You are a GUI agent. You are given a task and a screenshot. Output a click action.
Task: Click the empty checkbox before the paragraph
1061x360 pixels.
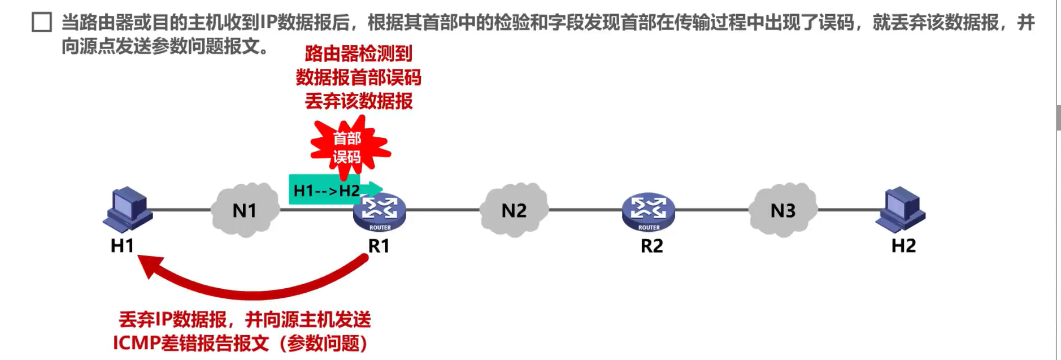tap(42, 23)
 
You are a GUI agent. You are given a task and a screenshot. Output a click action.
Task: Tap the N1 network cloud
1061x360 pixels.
tap(245, 210)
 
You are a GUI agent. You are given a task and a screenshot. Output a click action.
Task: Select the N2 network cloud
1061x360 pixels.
tap(514, 210)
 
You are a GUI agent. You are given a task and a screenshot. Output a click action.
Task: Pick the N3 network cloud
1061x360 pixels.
tap(782, 210)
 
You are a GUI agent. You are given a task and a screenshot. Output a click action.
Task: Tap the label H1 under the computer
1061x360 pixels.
tap(122, 246)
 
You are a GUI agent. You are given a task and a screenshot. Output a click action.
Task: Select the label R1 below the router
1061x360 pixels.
tap(379, 246)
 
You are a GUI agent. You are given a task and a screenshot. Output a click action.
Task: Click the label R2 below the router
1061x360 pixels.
tap(651, 246)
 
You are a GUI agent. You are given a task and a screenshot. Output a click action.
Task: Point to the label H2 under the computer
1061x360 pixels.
tap(903, 246)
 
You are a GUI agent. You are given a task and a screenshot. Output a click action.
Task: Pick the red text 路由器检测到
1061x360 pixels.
tap(358, 54)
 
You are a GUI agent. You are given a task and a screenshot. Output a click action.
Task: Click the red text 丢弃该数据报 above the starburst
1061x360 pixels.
tap(358, 101)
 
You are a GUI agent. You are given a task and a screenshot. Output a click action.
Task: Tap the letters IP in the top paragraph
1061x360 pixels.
tap(268, 23)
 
